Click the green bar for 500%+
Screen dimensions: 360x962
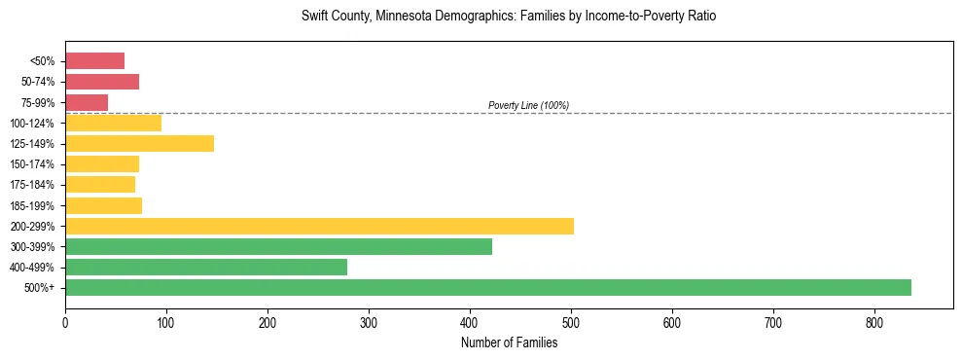[487, 287]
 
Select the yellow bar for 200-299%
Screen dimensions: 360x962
[319, 226]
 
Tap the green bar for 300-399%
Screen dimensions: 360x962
[278, 246]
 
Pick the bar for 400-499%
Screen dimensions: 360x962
[206, 267]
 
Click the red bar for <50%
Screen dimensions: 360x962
[94, 61]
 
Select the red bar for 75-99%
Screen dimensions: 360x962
[87, 102]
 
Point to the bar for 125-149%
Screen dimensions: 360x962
[139, 143]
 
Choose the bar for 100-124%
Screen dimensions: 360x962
[113, 123]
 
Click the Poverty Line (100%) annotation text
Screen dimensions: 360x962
[528, 105]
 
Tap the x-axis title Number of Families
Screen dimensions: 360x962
[509, 342]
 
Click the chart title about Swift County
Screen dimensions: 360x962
[509, 17]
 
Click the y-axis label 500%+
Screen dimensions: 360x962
[42, 288]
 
